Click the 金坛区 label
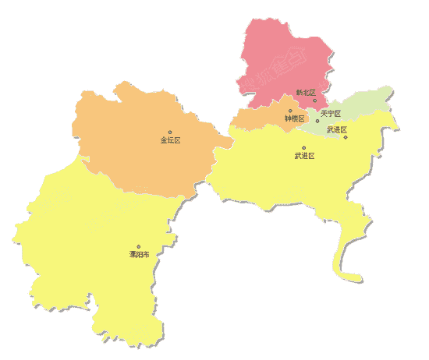(x=170, y=140)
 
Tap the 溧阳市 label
(x=139, y=255)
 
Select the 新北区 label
(x=305, y=93)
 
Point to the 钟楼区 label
(x=294, y=118)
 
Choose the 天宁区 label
(x=330, y=114)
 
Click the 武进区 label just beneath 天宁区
(x=336, y=129)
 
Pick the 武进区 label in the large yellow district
(x=303, y=156)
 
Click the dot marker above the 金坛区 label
(x=170, y=132)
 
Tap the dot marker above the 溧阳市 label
(x=139, y=246)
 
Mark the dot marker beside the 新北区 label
(x=315, y=100)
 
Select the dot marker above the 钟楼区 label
(x=290, y=111)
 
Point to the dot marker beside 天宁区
(x=317, y=121)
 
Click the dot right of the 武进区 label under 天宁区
(x=346, y=137)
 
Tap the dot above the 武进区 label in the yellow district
(x=304, y=147)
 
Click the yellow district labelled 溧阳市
(x=86, y=242)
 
